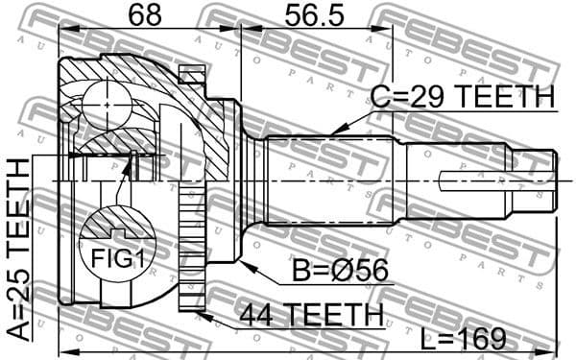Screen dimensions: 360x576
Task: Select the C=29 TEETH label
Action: click(x=463, y=97)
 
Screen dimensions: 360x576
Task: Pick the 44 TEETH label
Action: click(x=309, y=314)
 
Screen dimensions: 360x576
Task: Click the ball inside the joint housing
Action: click(x=104, y=101)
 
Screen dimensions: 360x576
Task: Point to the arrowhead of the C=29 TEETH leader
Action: click(x=331, y=132)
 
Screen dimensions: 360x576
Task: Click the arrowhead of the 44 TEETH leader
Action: click(x=198, y=309)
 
